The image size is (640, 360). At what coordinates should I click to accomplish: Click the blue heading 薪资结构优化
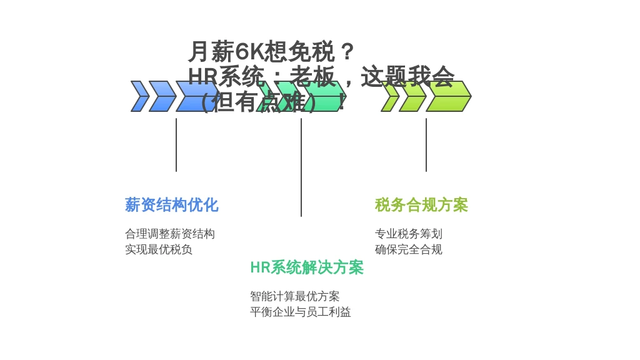(171, 205)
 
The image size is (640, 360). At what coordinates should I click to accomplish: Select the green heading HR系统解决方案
(306, 267)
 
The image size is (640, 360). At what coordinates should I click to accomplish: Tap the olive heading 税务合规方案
(421, 205)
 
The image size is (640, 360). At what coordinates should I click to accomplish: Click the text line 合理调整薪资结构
(170, 234)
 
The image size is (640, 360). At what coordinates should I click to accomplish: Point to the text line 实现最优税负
(159, 249)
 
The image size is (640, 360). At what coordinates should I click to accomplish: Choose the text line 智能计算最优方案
(295, 296)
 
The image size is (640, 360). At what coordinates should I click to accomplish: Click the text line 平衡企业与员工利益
(301, 312)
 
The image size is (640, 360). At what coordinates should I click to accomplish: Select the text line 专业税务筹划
(409, 234)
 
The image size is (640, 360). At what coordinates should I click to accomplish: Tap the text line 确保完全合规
(409, 249)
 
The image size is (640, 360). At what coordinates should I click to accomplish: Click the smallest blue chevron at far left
(140, 96)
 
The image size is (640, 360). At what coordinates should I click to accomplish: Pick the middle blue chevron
(162, 96)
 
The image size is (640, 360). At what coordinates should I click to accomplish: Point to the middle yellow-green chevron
(412, 96)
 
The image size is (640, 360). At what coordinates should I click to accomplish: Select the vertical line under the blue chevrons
(176, 145)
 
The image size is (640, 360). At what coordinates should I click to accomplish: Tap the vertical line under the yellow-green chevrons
(426, 145)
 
